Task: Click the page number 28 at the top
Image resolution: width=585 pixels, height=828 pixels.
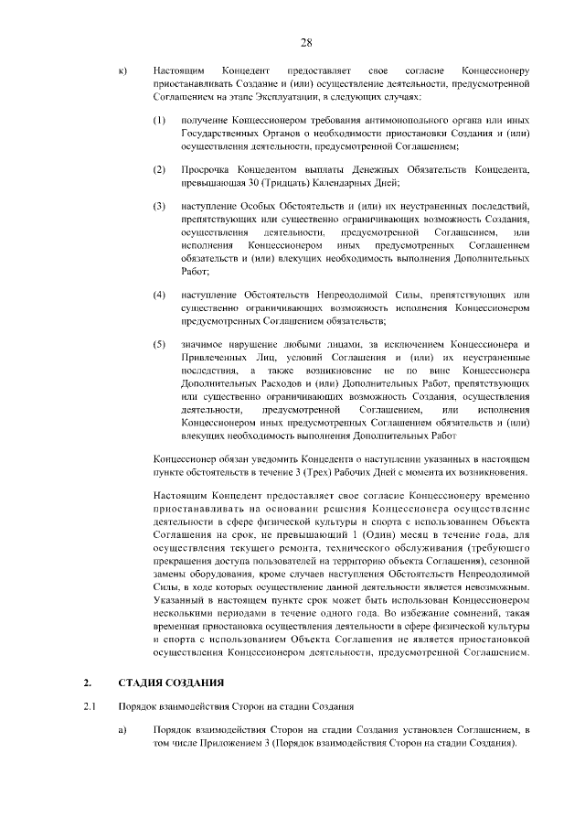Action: click(x=306, y=43)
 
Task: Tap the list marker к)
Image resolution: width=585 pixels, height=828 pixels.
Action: click(x=123, y=70)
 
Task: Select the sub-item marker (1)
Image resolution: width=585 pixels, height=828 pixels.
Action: click(x=159, y=121)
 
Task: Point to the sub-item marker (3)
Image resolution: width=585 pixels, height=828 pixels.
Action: click(x=159, y=207)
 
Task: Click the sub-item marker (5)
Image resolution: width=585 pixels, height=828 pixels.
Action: click(x=159, y=343)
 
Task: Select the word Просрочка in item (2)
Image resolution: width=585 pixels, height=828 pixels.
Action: click(x=207, y=170)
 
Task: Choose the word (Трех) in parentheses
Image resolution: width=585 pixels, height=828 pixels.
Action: click(x=353, y=473)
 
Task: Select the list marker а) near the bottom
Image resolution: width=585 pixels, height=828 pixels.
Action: click(x=123, y=729)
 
